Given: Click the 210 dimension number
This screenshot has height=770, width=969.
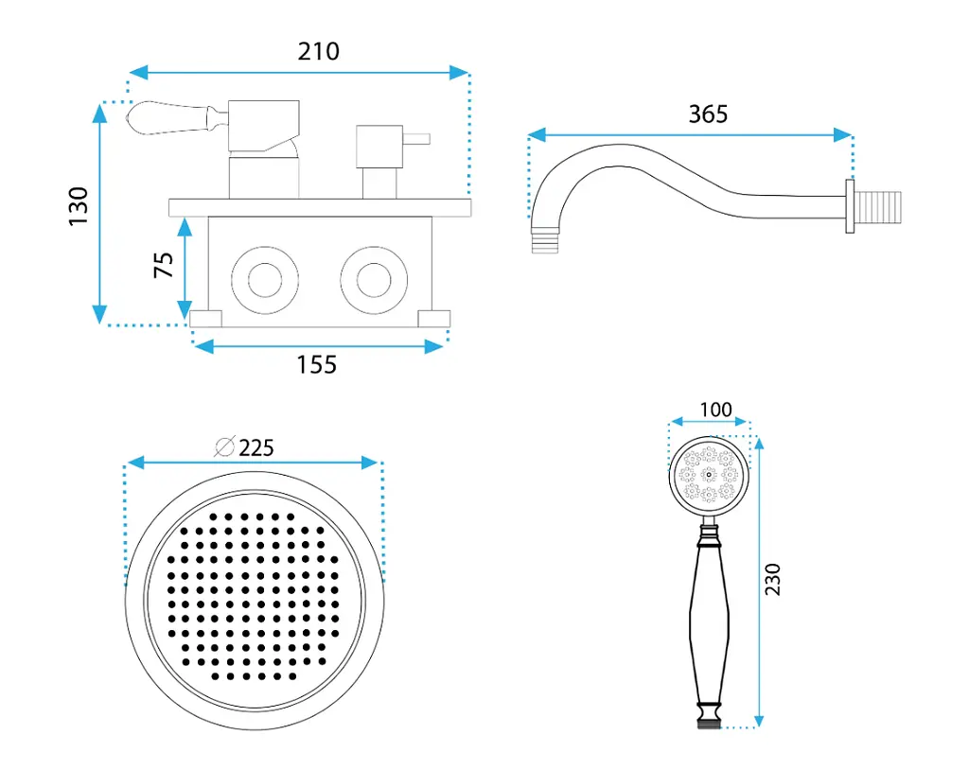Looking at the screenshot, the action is point(318,51).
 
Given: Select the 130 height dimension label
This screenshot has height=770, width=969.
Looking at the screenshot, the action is point(79,206).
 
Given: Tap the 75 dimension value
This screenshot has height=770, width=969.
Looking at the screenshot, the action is point(163,265).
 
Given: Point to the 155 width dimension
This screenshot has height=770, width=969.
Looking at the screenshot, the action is point(316,364).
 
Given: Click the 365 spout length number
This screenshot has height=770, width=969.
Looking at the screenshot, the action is point(708,114).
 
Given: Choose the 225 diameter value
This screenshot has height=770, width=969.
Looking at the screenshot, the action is point(256,447).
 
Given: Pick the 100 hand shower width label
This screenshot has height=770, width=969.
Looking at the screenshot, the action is point(715,409).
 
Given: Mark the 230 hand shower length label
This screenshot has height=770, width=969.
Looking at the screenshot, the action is point(772,579).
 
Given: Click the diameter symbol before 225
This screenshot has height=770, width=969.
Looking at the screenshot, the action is point(224,446).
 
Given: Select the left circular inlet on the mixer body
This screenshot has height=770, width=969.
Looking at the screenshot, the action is point(265,280).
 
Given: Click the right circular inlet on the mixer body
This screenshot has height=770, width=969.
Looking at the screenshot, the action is point(374,280).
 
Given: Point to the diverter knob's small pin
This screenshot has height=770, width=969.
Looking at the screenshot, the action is point(416,139).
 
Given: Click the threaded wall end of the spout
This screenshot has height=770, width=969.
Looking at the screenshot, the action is point(878,207).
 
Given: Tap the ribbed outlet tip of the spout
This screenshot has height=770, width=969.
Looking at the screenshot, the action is point(544,240).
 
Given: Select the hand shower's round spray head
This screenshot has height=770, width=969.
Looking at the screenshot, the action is point(709,475).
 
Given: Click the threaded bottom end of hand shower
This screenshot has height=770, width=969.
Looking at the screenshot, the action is point(709,723).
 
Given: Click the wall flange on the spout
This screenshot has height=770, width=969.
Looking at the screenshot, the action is point(850,206).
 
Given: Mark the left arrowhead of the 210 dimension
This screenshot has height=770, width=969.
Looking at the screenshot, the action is point(138,72).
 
